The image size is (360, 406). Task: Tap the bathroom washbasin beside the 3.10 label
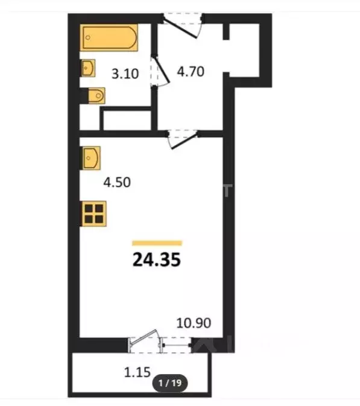tap(88, 68)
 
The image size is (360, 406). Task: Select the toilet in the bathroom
tap(96, 95)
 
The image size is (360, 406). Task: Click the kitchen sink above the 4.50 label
tap(91, 158)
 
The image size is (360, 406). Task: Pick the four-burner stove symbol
tap(94, 214)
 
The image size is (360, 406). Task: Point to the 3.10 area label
tap(125, 74)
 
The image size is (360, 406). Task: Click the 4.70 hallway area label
tap(191, 71)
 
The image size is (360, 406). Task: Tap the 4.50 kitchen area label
tap(117, 182)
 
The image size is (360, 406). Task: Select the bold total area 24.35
tap(157, 259)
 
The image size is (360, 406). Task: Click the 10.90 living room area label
tap(194, 323)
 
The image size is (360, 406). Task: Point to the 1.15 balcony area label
tap(137, 372)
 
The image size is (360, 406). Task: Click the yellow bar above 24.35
tap(157, 243)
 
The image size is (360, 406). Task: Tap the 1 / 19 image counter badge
tap(170, 382)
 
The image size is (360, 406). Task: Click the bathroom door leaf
tap(161, 69)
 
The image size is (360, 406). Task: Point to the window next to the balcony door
tap(176, 345)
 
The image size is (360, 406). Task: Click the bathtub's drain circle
tap(88, 37)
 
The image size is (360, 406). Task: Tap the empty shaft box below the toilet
tap(127, 120)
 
